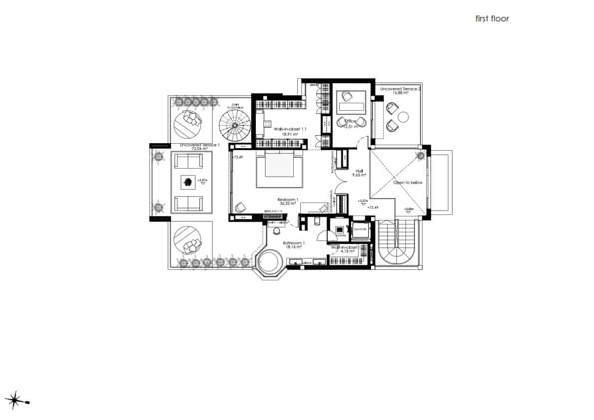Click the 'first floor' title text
492,19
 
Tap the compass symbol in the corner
16,400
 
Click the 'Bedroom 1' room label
288,200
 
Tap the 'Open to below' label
408,183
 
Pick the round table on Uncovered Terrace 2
403,117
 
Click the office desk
352,106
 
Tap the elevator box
360,229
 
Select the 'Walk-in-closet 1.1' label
290,129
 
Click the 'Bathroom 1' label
294,243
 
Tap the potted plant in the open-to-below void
420,156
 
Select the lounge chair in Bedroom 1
241,207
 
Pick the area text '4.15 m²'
348,251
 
